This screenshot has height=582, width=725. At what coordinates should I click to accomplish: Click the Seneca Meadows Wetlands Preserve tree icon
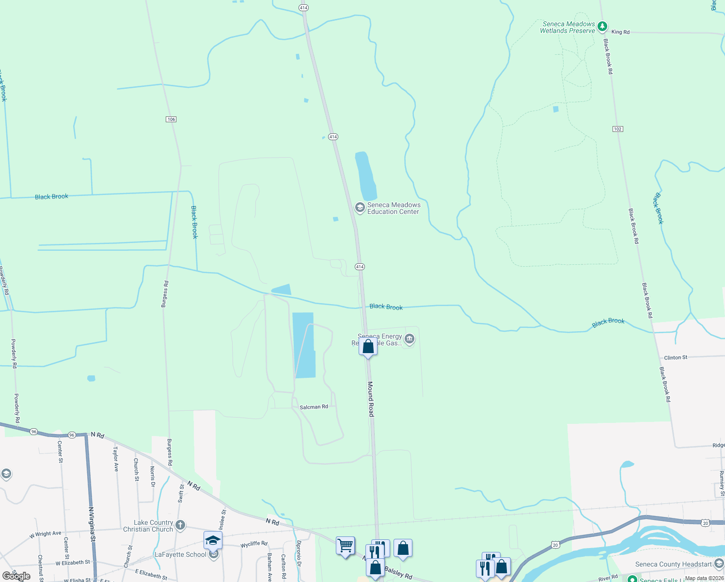[602, 27]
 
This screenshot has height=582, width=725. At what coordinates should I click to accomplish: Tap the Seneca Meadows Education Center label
[394, 209]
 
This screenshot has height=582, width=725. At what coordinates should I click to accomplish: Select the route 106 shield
[171, 119]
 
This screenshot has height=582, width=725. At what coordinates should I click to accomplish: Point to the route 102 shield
[617, 129]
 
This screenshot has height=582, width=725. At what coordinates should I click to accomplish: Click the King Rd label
[620, 32]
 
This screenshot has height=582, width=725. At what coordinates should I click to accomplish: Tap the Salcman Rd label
[314, 407]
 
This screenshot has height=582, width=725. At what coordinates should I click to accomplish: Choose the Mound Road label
[371, 399]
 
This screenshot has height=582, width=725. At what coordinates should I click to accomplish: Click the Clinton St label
[676, 357]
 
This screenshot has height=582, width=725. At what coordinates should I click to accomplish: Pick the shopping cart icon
[345, 546]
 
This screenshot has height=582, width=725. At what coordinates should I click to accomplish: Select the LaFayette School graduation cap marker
[213, 540]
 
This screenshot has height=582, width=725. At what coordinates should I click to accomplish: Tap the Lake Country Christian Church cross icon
[180, 525]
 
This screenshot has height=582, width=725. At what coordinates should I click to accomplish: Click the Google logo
[16, 576]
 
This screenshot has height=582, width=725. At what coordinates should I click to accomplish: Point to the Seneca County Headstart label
[673, 564]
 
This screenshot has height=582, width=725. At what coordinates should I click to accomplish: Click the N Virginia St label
[91, 524]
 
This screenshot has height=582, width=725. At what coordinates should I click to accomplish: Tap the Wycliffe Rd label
[254, 544]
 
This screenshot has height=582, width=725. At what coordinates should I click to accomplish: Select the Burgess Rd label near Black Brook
[165, 294]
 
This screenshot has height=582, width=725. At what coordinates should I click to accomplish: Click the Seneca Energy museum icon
[410, 339]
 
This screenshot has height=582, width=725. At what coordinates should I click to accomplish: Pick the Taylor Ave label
[116, 459]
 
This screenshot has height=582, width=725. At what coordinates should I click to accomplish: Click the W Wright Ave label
[46, 534]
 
